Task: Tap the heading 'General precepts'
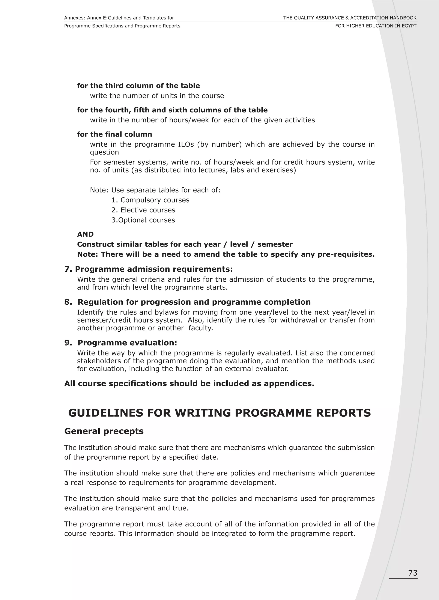[104, 431]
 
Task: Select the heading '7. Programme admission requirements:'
[149, 269]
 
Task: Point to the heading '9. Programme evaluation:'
[121, 343]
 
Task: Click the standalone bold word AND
[85, 234]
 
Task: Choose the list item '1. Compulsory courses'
[150, 200]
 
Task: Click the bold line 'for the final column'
[114, 134]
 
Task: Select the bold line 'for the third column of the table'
[138, 86]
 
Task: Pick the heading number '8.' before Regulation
[68, 302]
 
